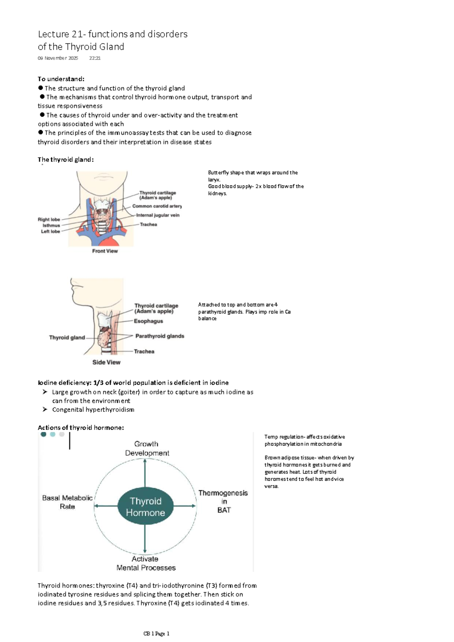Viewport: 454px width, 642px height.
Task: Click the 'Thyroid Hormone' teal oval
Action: click(146, 507)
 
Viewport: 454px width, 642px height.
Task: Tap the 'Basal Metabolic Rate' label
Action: click(67, 502)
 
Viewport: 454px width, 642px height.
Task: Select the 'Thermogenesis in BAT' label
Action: click(223, 501)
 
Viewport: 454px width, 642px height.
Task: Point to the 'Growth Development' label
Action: click(147, 449)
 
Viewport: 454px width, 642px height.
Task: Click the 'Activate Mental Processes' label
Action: click(146, 563)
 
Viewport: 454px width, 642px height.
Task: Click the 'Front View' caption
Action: click(105, 251)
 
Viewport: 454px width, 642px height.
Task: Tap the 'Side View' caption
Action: click(106, 362)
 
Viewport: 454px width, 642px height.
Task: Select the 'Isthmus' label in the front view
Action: click(51, 225)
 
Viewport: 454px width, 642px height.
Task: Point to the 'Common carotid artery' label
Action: click(157, 206)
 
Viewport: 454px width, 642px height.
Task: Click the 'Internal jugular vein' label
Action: click(158, 215)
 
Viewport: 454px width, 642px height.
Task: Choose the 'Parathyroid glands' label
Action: click(160, 336)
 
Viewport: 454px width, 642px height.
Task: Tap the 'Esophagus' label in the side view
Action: click(148, 321)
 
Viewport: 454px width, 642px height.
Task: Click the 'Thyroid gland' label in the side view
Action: click(67, 337)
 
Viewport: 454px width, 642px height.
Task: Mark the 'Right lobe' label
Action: click(49, 220)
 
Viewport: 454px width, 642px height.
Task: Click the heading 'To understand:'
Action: click(61, 79)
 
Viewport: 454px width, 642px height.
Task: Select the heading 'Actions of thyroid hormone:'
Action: click(81, 427)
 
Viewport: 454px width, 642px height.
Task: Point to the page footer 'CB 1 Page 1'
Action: click(156, 634)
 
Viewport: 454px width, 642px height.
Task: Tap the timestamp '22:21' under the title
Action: click(95, 58)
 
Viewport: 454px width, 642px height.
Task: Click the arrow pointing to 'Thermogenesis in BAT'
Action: click(185, 506)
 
